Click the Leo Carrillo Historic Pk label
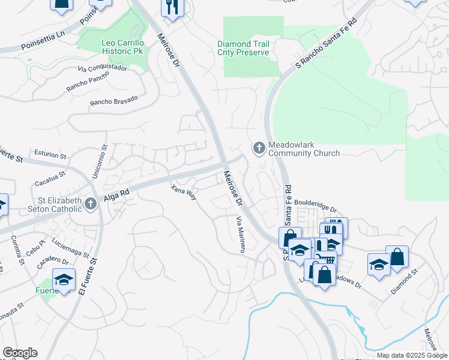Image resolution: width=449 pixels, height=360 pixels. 115,48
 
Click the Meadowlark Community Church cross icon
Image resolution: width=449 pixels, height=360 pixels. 259,148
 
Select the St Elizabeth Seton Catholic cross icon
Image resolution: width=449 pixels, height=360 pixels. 90,204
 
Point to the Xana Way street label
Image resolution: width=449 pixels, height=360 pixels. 184,193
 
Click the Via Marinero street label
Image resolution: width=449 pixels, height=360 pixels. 240,234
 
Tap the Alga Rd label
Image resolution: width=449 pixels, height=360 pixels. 116,193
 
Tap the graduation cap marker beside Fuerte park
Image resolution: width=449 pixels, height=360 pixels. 63,279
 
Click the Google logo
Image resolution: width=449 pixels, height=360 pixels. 20,353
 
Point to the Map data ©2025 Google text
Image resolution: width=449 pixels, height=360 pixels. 411,355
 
